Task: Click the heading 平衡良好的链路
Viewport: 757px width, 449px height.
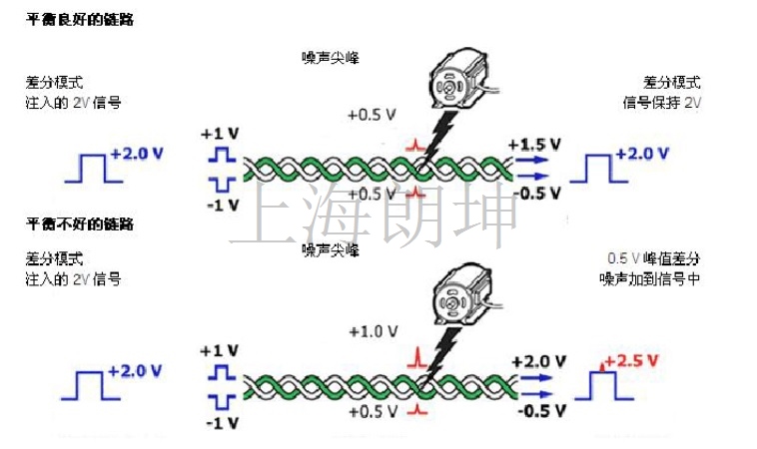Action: (x=80, y=20)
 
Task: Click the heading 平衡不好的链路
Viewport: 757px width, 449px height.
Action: (x=80, y=224)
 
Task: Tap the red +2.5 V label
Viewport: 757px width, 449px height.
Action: (x=631, y=361)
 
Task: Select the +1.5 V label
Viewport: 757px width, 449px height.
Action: (x=534, y=145)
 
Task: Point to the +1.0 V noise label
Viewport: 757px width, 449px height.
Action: (x=374, y=332)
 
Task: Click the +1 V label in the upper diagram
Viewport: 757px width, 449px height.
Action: (x=220, y=134)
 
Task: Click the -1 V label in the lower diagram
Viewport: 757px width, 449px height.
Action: (x=223, y=423)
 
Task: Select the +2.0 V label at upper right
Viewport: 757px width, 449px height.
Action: (x=642, y=154)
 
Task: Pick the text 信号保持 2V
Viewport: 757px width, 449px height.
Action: (x=661, y=102)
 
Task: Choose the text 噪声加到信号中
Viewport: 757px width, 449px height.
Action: (x=650, y=278)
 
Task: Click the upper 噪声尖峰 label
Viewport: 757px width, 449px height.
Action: (x=331, y=58)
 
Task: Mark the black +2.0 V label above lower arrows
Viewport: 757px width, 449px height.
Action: (x=538, y=362)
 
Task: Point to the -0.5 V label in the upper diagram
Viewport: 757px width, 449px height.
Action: (x=537, y=194)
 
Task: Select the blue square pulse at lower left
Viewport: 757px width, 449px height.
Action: (x=91, y=385)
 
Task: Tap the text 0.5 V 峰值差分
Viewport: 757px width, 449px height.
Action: (x=654, y=258)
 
